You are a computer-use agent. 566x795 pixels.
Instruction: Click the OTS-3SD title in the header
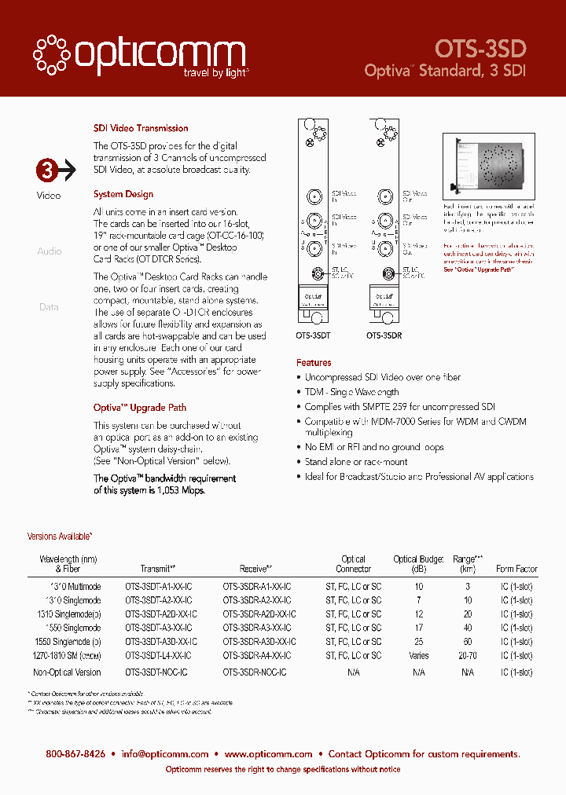[x=480, y=48]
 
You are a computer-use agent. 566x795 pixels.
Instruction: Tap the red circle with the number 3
[x=47, y=170]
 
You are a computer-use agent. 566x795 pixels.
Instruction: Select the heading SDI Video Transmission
[x=141, y=128]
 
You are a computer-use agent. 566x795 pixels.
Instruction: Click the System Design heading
[x=123, y=194]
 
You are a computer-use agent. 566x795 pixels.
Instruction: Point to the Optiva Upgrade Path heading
[x=140, y=408]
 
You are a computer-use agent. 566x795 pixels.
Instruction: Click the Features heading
[x=314, y=363]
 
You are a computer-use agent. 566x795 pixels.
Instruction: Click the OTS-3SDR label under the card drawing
[x=384, y=335]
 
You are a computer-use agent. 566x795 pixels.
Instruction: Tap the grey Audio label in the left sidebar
[x=49, y=251]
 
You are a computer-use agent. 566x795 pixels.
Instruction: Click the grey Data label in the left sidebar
[x=49, y=307]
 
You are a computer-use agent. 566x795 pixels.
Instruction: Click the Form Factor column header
[x=516, y=569]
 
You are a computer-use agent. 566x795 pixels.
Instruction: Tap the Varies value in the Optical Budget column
[x=419, y=655]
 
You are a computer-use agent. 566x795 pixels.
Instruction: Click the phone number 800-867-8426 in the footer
[x=75, y=754]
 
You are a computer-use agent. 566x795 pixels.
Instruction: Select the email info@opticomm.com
[x=165, y=754]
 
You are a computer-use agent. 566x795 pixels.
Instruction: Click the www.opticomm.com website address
[x=269, y=754]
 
